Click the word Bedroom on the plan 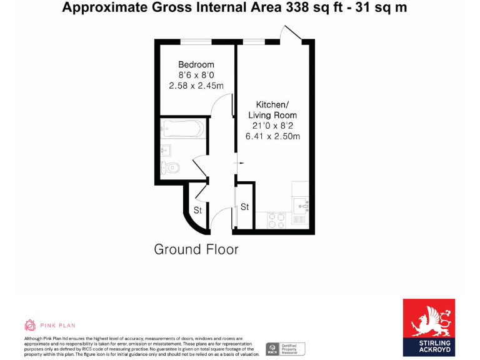(196, 64)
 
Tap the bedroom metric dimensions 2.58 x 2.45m (196, 86)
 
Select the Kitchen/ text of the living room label (272, 104)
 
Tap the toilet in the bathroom (170, 167)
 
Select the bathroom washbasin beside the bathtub (165, 150)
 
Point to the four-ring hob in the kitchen (277, 220)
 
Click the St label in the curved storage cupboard (197, 211)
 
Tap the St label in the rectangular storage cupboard (245, 207)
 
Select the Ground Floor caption (196, 249)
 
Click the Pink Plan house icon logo (30, 325)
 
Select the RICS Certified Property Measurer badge (284, 349)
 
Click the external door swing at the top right (291, 33)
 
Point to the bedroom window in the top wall (195, 42)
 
